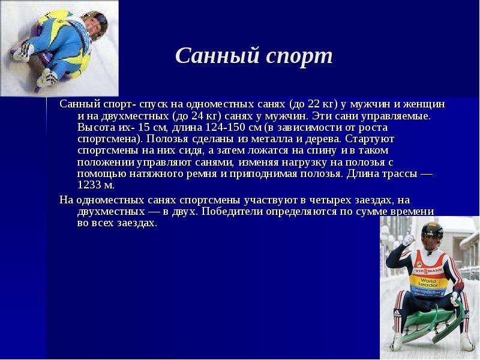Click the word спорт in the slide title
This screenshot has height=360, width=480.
[299, 57]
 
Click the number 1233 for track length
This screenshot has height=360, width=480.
[89, 185]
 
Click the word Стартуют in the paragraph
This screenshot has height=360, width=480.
[370, 139]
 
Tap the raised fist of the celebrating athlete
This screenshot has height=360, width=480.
[409, 239]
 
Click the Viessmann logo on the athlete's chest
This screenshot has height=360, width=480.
[428, 271]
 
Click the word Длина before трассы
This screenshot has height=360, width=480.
[364, 173]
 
